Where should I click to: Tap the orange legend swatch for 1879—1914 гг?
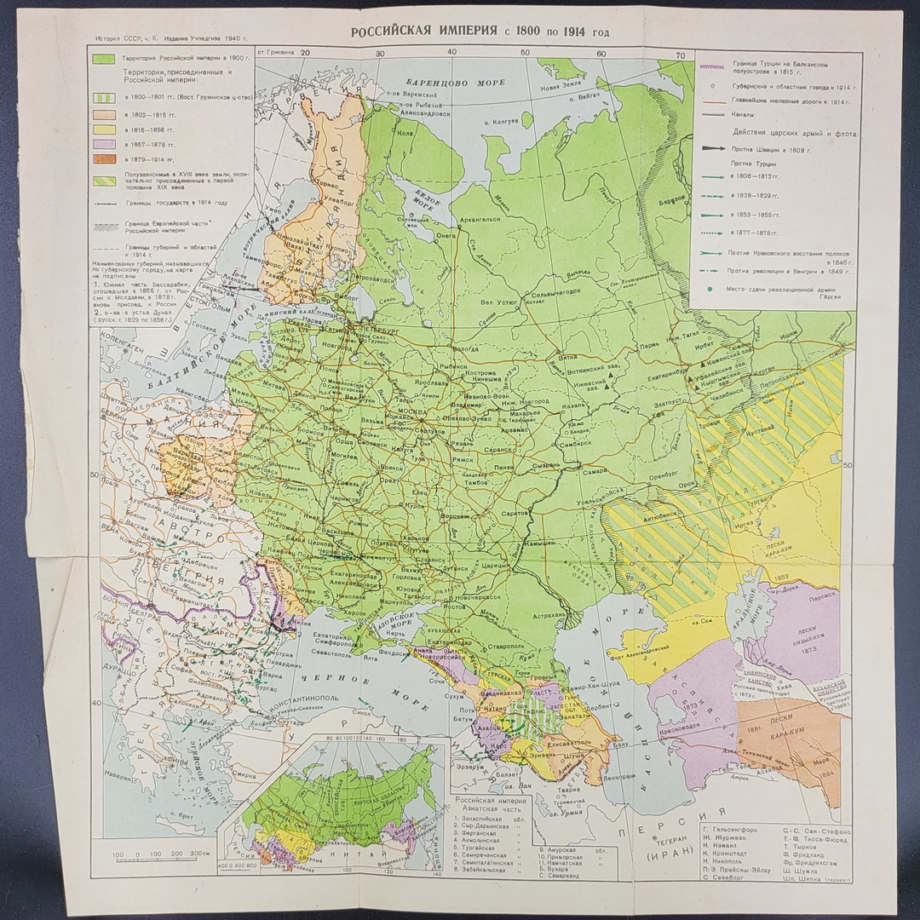pyautogui.click(x=104, y=158)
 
